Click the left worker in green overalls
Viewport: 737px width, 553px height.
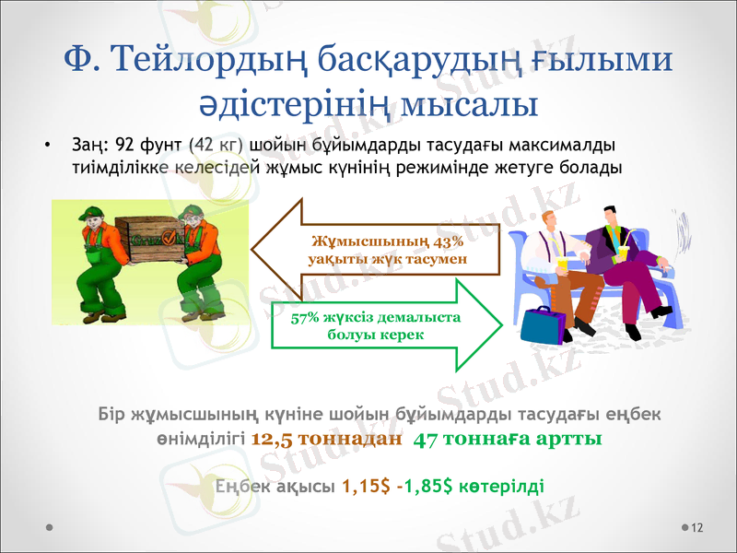(x=92, y=258)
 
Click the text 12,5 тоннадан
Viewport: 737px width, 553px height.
(x=326, y=439)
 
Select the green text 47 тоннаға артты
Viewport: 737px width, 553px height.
(x=509, y=439)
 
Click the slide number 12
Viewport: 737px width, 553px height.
(x=696, y=527)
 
